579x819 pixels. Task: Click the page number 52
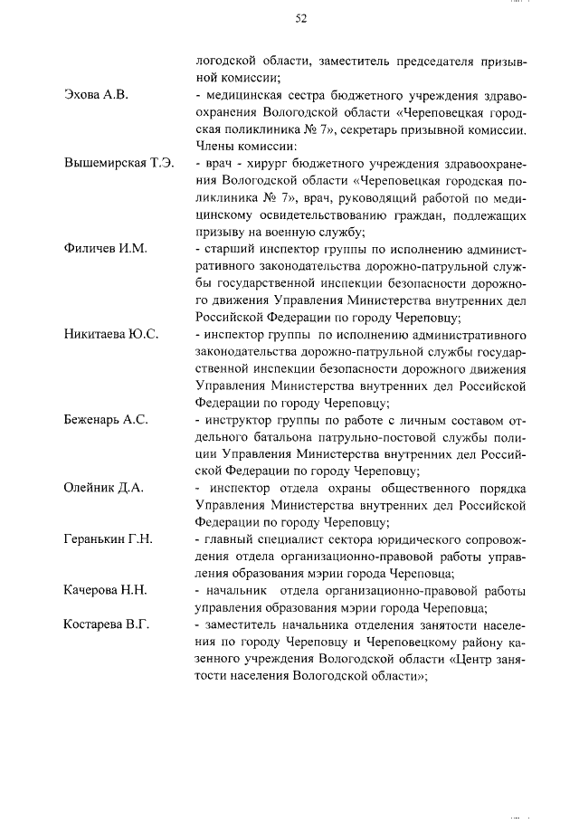(301, 18)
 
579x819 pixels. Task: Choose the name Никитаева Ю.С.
(111, 334)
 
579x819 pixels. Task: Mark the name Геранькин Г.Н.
(108, 539)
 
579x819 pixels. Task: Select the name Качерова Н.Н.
(105, 590)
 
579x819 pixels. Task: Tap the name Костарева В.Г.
(106, 624)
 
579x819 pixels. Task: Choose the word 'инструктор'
(237, 419)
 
